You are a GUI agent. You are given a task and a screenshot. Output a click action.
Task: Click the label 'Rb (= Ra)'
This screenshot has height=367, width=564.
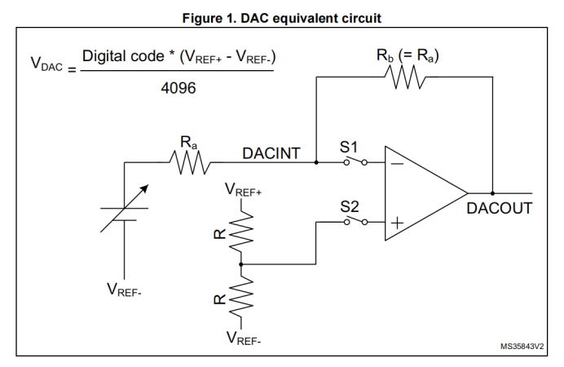[x=408, y=56]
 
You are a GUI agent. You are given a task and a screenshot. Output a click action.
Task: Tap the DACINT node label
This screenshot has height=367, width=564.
[x=271, y=153]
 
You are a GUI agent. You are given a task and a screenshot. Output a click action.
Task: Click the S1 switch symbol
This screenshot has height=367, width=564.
[x=353, y=161]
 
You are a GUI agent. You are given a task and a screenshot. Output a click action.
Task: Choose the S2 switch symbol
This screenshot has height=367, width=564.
[x=353, y=222]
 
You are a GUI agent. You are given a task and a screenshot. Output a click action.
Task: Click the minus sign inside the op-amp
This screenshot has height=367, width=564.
[x=399, y=162]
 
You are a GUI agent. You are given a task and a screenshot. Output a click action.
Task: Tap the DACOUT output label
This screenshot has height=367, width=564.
[x=499, y=208]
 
